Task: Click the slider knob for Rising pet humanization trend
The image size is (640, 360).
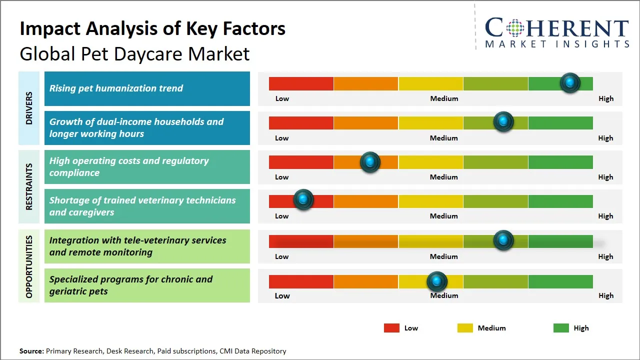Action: pos(570,82)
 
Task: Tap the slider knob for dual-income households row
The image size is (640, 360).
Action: pos(503,121)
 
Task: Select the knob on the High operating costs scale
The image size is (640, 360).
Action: pos(370,161)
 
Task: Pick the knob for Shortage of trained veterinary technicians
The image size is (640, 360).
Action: pos(303,199)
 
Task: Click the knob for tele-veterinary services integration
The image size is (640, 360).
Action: pos(503,240)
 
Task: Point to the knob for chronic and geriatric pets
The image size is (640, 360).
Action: pos(437,281)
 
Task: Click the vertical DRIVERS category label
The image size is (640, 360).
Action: pos(29,108)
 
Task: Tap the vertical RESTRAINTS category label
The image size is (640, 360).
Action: pos(29,186)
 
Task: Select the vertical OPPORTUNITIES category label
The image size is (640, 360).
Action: pos(29,266)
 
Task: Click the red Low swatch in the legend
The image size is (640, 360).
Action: pos(391,328)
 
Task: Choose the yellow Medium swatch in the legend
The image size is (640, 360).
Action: pos(465,328)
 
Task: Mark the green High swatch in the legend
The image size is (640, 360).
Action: pos(561,328)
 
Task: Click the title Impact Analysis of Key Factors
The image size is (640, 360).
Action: pos(152,29)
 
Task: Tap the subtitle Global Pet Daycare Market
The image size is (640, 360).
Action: pos(134,53)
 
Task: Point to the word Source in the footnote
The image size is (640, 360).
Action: pos(31,351)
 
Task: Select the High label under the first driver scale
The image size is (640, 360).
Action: pos(606,98)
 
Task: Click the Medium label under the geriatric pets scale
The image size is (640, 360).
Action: pos(444,295)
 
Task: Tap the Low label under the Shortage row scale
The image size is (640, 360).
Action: pos(282,216)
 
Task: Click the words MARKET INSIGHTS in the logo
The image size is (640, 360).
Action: pos(557,44)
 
